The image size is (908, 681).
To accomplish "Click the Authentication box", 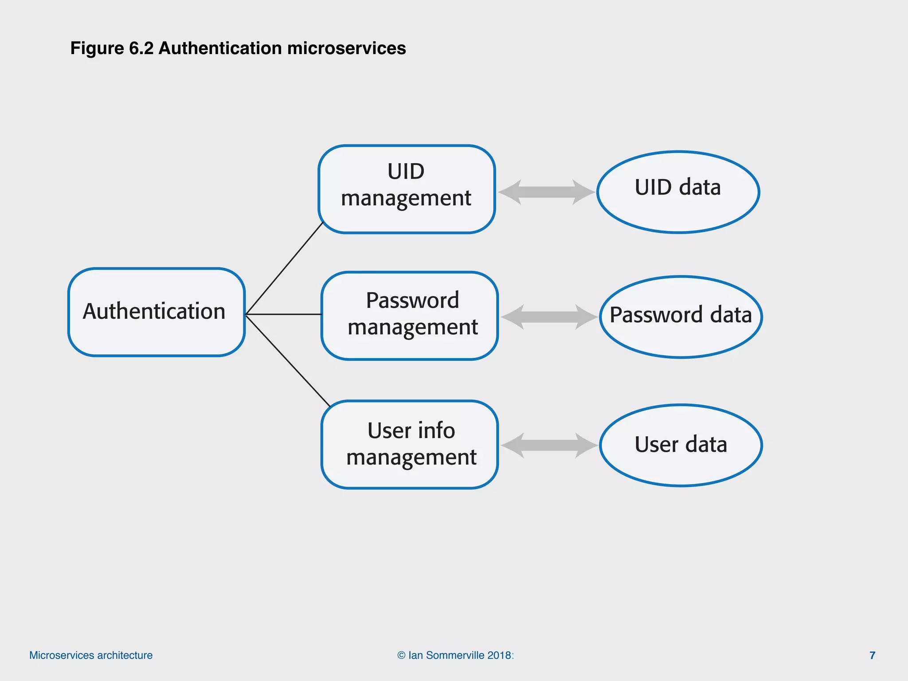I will tap(156, 312).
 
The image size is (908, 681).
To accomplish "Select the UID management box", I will tap(406, 189).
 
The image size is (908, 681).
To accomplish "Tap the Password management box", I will tap(410, 315).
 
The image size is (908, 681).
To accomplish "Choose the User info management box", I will tap(410, 444).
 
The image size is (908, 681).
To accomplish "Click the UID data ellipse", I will tap(678, 192).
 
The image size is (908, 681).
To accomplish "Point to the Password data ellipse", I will tap(681, 317).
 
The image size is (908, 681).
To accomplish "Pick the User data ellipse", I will tap(681, 445).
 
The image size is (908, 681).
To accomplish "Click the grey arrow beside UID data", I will tap(546, 192).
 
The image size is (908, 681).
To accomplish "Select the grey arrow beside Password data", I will tap(549, 317).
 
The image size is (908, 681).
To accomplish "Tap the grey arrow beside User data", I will tap(549, 445).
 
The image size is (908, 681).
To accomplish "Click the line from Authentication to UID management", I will tap(284, 269).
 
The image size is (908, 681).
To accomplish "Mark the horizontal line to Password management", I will tap(284, 314).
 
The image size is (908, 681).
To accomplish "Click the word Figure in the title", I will tap(97, 48).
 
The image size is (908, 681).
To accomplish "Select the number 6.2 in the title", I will tap(141, 48).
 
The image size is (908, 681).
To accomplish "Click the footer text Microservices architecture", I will tap(91, 655).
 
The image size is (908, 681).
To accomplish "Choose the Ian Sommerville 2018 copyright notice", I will tap(455, 655).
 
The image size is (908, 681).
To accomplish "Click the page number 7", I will tap(872, 655).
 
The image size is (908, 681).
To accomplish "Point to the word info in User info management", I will tap(437, 431).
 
